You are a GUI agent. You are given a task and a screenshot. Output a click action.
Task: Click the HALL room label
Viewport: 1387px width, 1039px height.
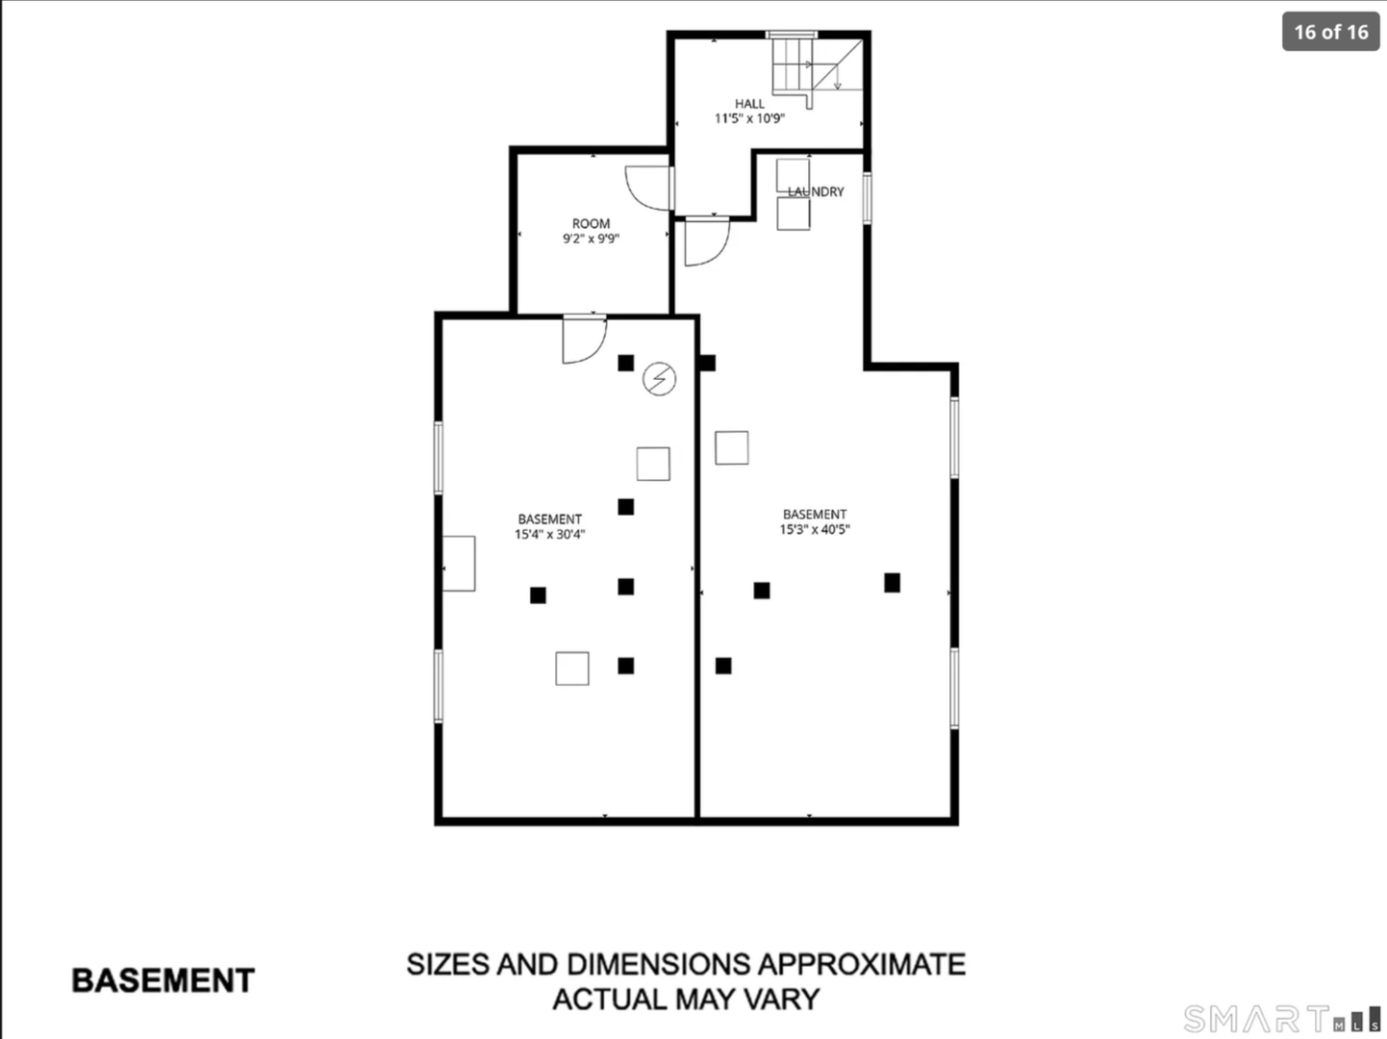pyautogui.click(x=749, y=104)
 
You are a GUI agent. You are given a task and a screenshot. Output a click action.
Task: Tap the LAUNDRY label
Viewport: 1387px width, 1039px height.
pyautogui.click(x=816, y=191)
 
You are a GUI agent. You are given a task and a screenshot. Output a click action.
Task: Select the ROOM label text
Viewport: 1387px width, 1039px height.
pyautogui.click(x=591, y=224)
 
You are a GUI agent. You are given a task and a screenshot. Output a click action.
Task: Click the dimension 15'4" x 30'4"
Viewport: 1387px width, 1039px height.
pyautogui.click(x=550, y=534)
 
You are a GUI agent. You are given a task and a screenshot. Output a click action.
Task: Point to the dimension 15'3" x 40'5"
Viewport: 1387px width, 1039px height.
pyautogui.click(x=815, y=530)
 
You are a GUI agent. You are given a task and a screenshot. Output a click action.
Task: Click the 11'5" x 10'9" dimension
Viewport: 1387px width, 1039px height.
pyautogui.click(x=750, y=118)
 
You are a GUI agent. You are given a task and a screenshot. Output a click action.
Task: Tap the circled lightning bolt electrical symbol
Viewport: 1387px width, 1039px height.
pyautogui.click(x=659, y=379)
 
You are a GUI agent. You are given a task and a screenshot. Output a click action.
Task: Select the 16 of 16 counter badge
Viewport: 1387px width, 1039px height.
pyautogui.click(x=1331, y=32)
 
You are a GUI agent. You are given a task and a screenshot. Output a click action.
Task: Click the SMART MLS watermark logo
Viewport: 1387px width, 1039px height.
pyautogui.click(x=1281, y=1018)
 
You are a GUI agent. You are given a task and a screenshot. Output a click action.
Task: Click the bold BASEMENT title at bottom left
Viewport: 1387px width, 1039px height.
pyautogui.click(x=163, y=980)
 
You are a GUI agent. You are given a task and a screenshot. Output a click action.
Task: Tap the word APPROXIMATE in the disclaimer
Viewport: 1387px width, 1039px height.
pyautogui.click(x=861, y=964)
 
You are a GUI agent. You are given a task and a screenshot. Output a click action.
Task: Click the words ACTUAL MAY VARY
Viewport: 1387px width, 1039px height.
pyautogui.click(x=686, y=1000)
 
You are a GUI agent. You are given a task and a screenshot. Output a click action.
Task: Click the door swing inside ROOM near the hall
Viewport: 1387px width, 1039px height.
pyautogui.click(x=649, y=189)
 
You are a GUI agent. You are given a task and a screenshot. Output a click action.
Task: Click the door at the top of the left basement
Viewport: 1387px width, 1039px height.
pyautogui.click(x=585, y=340)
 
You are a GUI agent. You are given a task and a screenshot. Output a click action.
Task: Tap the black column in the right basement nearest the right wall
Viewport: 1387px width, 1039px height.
pyautogui.click(x=893, y=583)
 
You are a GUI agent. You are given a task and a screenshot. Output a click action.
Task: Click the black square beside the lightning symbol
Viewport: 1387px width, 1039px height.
pyautogui.click(x=625, y=363)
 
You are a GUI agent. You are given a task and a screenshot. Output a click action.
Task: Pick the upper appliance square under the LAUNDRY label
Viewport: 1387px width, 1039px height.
pyautogui.click(x=793, y=176)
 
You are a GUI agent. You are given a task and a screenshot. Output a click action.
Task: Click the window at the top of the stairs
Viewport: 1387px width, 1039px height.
pyautogui.click(x=791, y=35)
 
